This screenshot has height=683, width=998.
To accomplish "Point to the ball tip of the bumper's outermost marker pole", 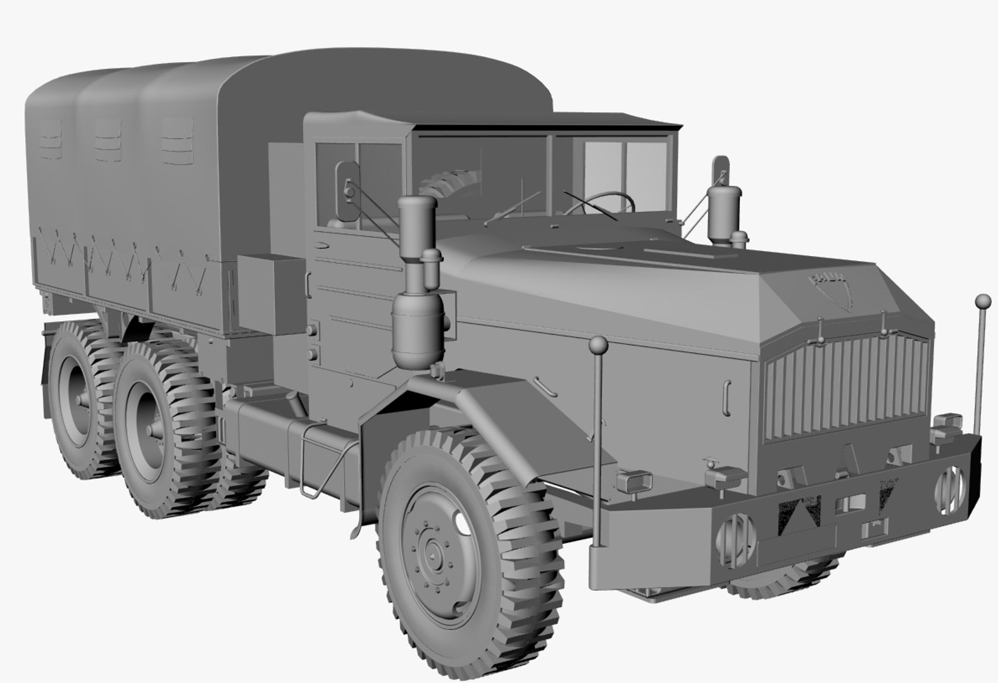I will coord(983,300).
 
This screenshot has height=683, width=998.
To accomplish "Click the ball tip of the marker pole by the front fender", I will coord(599,345).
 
